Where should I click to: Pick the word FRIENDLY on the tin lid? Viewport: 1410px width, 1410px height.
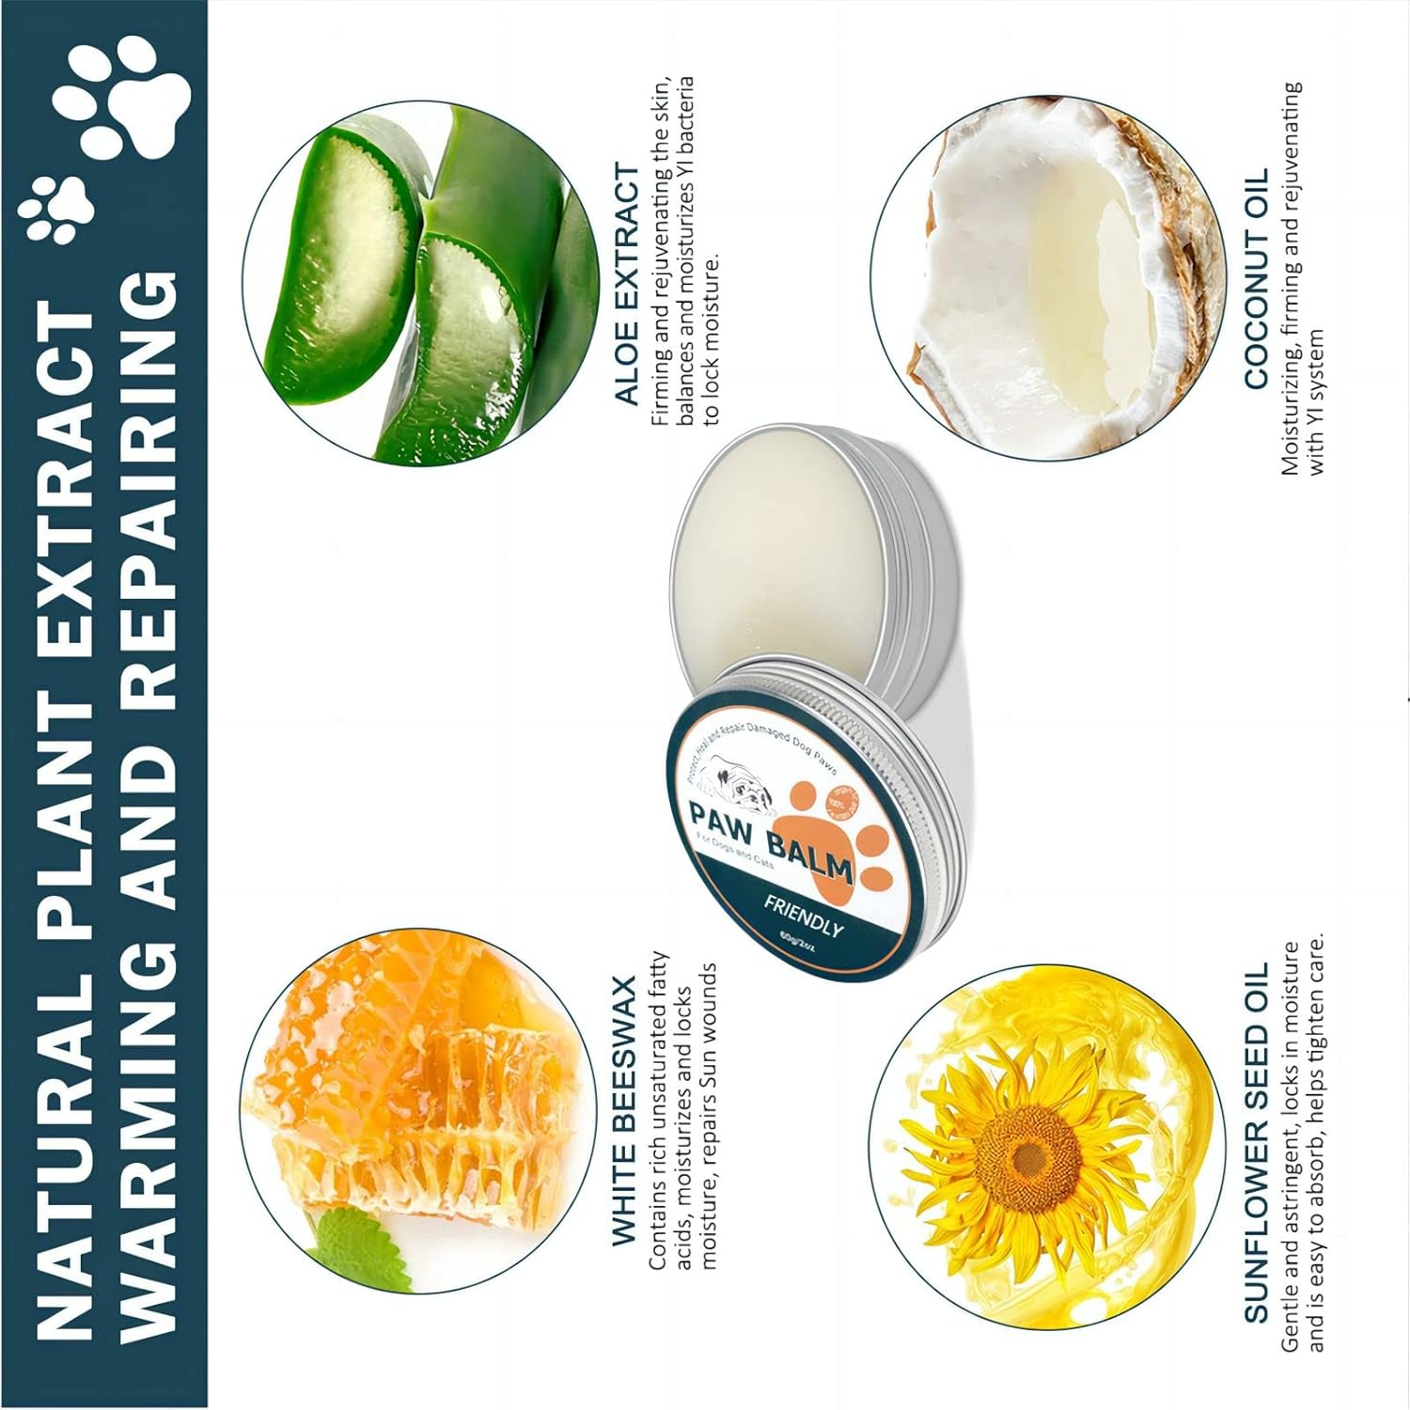(803, 915)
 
